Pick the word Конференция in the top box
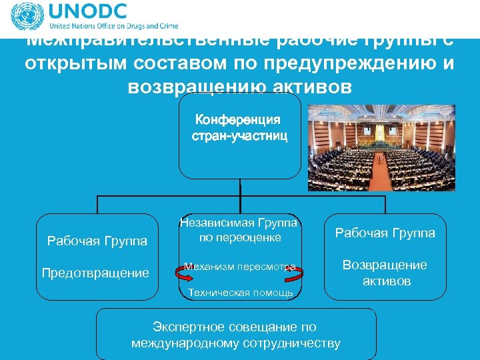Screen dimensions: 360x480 [x=238, y=120]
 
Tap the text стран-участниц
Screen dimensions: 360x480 [x=239, y=136]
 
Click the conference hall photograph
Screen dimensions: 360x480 [x=385, y=147]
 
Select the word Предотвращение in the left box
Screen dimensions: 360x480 [x=95, y=273]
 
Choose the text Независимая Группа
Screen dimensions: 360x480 [x=239, y=223]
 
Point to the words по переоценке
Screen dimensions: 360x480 [x=239, y=237]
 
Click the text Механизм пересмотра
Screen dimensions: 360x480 [x=239, y=267]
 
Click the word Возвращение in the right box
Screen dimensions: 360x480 [x=385, y=265]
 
